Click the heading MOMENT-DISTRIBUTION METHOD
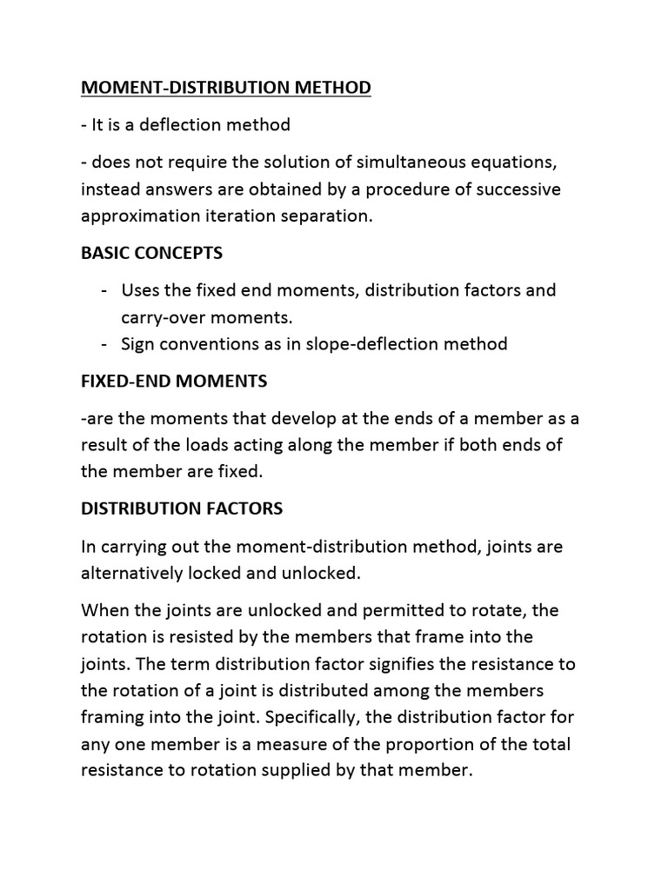pos(225,88)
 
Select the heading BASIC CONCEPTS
pos(151,253)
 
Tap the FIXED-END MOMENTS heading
pos(174,381)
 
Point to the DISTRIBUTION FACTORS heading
pos(182,508)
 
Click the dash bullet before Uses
pos(104,289)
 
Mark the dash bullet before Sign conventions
pos(104,344)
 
